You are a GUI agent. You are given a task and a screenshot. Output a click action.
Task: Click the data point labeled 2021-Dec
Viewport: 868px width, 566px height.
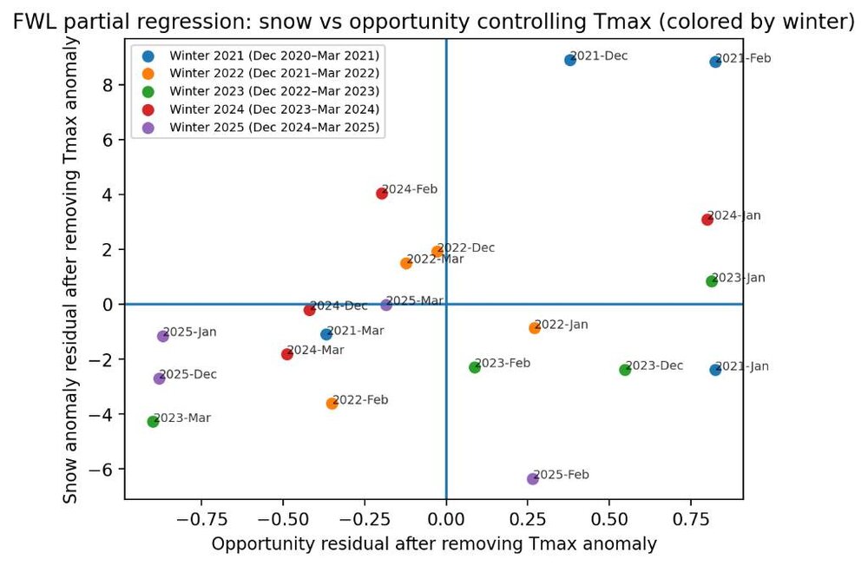pos(570,60)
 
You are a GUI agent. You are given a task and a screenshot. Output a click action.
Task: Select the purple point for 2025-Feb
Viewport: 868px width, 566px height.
pos(533,479)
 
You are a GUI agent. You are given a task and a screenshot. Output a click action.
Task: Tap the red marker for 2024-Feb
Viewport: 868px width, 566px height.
pos(382,194)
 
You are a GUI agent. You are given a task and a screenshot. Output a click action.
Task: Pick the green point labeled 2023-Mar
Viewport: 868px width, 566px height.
pos(153,422)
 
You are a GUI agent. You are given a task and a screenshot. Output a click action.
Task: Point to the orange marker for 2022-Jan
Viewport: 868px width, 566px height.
pos(535,328)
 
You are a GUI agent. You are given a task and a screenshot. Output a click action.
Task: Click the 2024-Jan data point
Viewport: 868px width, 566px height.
pos(707,220)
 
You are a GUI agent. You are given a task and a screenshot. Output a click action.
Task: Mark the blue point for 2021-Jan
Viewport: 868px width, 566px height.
pos(715,370)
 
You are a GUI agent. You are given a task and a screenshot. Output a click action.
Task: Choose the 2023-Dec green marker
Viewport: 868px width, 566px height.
pos(625,370)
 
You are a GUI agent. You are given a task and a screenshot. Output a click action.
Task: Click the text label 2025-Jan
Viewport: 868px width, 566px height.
pos(190,332)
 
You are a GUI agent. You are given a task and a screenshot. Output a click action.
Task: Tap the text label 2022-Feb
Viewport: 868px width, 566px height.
pos(360,400)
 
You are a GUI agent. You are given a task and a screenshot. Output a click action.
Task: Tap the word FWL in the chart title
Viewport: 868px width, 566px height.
pos(32,22)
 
